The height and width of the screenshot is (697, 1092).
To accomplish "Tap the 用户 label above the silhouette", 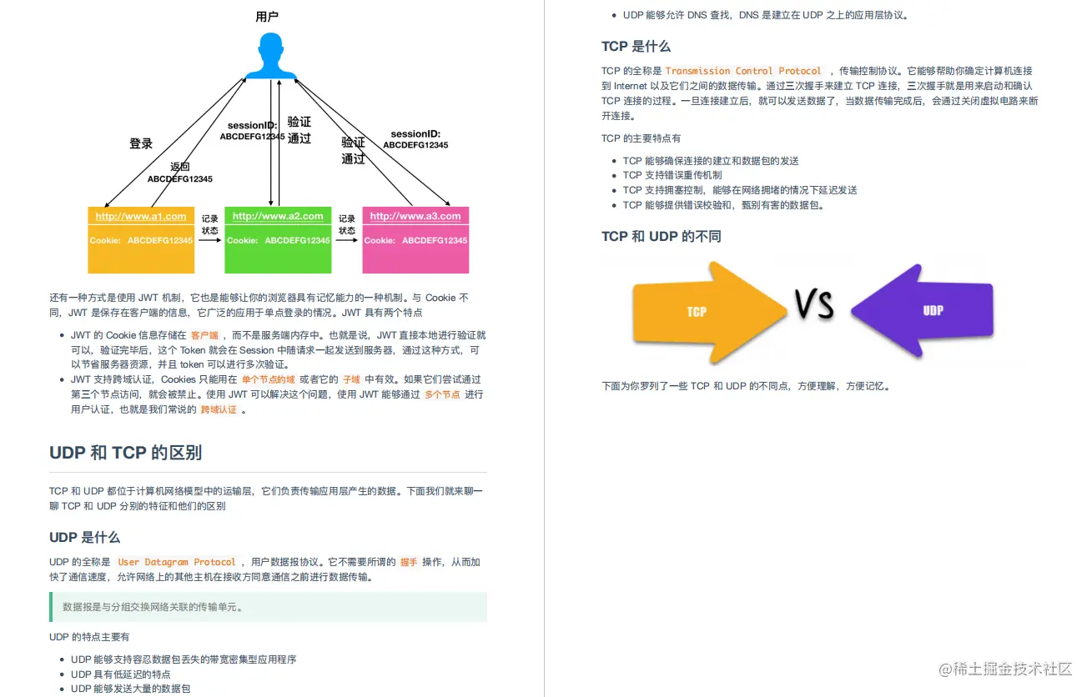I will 267,17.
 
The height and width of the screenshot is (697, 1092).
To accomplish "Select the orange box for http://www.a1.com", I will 141,240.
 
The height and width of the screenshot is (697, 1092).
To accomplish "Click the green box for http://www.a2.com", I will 278,240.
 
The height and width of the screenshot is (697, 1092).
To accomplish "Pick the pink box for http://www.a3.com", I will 415,240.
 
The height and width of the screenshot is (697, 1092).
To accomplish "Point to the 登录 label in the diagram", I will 141,143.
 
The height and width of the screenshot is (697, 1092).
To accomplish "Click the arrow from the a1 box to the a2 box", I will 209,240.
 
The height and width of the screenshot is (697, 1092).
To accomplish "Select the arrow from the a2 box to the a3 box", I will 347,240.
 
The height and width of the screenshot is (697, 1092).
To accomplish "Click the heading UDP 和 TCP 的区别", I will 125,453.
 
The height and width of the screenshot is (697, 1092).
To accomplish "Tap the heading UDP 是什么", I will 84,537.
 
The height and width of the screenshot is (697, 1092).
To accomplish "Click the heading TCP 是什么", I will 636,47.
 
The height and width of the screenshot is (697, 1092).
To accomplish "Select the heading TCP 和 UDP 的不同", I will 661,237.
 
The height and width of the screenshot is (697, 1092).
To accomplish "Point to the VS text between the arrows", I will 814,305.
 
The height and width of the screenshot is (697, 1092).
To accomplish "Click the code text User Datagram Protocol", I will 177,563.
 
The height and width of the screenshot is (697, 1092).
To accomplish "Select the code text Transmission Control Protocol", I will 743,72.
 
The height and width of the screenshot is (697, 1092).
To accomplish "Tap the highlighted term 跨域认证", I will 219,409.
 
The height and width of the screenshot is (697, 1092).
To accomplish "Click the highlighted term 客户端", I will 204,335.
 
